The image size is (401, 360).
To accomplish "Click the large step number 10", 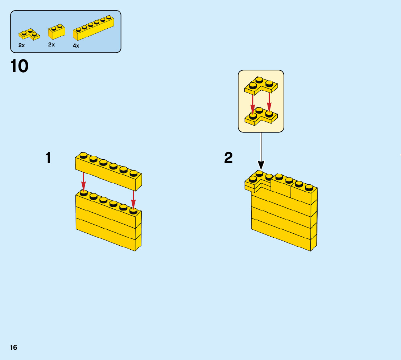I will (20, 66).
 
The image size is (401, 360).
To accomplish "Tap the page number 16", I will (14, 347).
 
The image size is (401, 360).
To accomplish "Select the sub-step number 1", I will (48, 158).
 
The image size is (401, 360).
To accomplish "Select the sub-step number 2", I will (228, 158).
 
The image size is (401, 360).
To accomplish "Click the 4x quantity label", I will (76, 46).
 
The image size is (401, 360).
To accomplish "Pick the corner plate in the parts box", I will (29, 34).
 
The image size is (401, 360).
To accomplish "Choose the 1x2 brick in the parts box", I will (57, 32).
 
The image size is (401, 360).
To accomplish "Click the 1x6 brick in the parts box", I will (93, 29).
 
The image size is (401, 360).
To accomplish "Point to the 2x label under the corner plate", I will (22, 45).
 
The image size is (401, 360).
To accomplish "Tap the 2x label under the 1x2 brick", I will (51, 45).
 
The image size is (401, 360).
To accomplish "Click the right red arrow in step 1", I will (133, 199).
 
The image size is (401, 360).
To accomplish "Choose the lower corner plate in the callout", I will (261, 116).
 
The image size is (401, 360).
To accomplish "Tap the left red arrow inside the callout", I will (253, 103).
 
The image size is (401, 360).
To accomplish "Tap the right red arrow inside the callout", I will (269, 101).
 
